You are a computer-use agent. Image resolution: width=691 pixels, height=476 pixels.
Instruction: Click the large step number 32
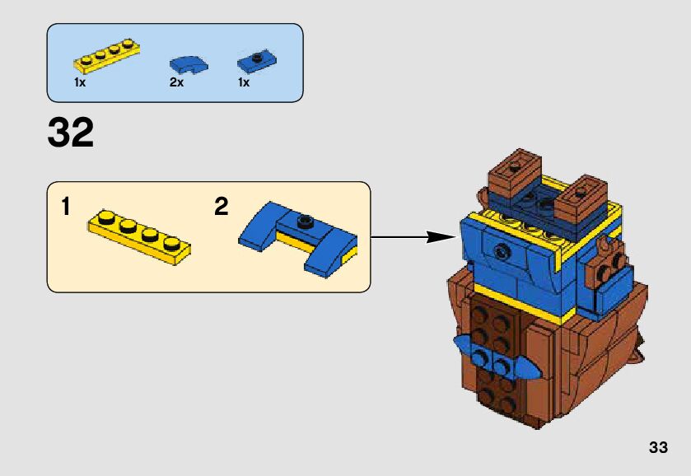71,133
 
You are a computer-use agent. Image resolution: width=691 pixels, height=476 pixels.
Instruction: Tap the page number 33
657,448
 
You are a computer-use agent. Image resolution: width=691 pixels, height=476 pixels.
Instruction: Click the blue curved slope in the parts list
188,63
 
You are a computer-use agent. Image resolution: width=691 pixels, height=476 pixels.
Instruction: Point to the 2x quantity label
176,83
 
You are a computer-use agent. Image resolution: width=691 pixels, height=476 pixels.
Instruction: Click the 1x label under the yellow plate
80,83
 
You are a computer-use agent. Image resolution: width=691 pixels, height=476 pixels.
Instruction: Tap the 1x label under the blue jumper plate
244,83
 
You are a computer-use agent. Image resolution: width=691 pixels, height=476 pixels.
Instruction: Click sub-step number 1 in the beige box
65,207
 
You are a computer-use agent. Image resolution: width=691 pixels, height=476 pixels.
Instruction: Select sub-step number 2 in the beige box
221,207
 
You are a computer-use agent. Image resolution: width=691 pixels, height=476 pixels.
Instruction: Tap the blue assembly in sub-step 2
298,236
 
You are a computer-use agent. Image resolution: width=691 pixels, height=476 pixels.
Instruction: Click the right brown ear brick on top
581,198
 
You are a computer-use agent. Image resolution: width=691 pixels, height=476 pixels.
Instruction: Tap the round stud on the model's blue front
497,250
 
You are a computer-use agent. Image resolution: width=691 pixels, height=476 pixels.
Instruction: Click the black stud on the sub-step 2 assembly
306,219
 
